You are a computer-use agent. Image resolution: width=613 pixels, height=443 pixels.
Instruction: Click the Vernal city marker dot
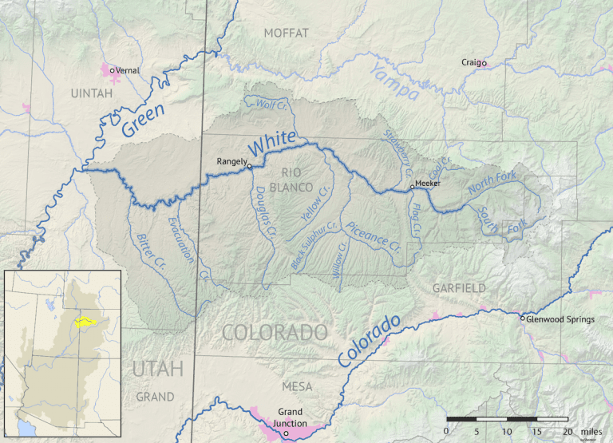[x=113, y=70]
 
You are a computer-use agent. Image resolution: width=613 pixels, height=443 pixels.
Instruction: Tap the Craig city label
[x=471, y=62]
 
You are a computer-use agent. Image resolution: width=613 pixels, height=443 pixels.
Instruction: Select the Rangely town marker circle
[x=249, y=166]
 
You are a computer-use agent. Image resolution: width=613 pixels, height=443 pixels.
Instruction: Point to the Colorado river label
[x=369, y=342]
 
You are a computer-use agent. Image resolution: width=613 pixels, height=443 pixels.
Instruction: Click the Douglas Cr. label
[x=265, y=212]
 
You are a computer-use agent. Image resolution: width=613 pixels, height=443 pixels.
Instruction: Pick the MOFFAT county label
[x=285, y=33]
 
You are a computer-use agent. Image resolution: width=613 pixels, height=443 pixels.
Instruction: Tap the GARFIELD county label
[x=458, y=288]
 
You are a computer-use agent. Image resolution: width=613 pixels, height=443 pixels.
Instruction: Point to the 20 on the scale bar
[x=568, y=431]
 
